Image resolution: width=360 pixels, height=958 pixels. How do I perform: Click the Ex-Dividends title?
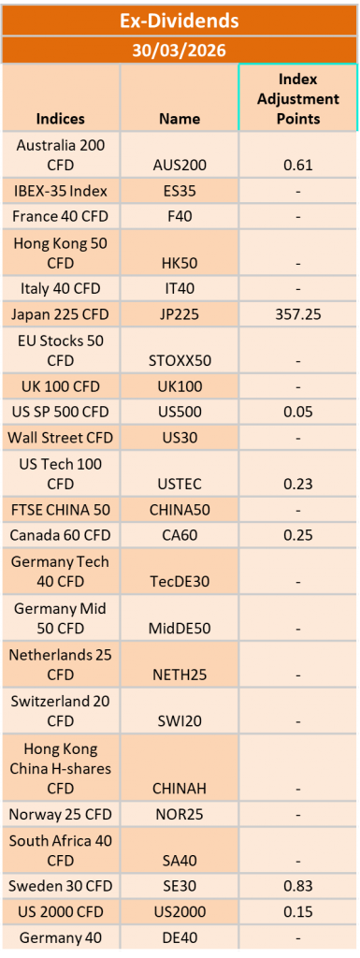(x=180, y=20)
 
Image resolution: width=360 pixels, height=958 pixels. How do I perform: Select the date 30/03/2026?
(x=180, y=50)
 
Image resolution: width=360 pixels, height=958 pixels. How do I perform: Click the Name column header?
(x=180, y=119)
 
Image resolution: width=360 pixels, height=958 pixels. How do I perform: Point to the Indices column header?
(x=60, y=119)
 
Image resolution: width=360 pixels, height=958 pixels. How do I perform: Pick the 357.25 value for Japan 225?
(x=298, y=314)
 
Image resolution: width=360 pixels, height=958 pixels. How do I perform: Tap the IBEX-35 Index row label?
(x=60, y=191)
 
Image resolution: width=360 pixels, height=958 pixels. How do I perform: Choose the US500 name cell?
(x=180, y=412)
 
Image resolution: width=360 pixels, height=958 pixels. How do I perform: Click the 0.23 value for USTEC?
(x=298, y=483)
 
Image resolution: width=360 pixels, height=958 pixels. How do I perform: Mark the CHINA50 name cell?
(x=180, y=510)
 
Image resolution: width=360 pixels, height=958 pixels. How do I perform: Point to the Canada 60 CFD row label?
(x=60, y=535)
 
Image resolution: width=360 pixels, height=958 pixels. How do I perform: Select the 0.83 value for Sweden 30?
(x=298, y=885)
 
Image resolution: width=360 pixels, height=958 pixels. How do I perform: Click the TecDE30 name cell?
(x=180, y=581)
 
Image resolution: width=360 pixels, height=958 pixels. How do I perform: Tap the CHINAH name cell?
(x=180, y=788)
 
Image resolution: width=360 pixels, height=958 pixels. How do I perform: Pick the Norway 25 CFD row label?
(x=60, y=814)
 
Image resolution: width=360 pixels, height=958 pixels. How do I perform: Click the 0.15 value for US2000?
(x=298, y=910)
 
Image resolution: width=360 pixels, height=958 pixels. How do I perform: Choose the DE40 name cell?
(x=180, y=936)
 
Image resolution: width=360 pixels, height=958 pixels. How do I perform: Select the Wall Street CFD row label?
(x=60, y=437)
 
